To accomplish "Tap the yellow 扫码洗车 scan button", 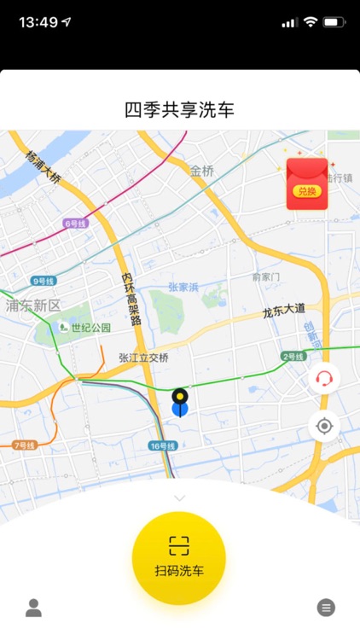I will pos(179,557).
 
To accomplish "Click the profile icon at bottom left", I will pos(33,608).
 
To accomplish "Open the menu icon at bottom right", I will pos(326,608).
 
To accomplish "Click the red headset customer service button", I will pos(324,377).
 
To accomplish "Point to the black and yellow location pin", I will pos(180,399).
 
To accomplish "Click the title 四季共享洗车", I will pos(179,110).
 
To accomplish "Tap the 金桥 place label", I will pos(202,171).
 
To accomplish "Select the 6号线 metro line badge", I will pos(76,224).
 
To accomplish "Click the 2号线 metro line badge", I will pos(293,356).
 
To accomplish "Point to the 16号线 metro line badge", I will pos(162,445).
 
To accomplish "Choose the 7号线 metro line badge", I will pos(24,445).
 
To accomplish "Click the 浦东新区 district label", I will pos(34,305).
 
